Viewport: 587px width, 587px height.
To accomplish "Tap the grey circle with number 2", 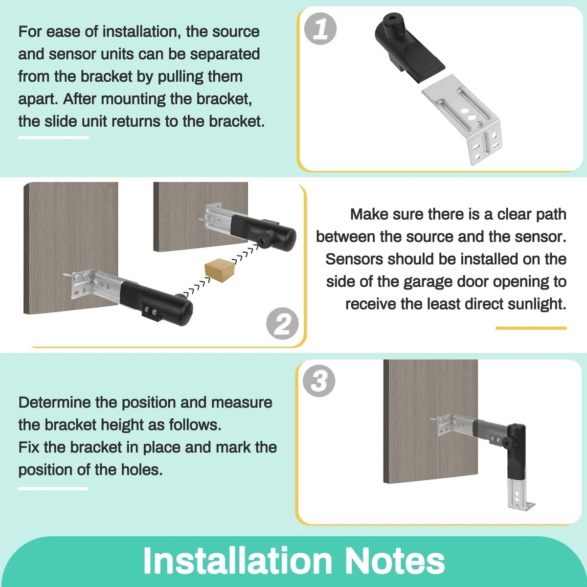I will point(282,323).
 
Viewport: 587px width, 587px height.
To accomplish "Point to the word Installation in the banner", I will point(238,561).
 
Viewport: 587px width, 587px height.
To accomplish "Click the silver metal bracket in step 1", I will point(465,120).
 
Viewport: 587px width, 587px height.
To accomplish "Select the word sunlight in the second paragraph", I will point(537,304).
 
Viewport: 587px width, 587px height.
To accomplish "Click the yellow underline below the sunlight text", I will point(531,328).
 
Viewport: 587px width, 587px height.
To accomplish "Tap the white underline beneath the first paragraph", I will point(53,137).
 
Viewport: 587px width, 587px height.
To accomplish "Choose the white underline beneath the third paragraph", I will point(53,488).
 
